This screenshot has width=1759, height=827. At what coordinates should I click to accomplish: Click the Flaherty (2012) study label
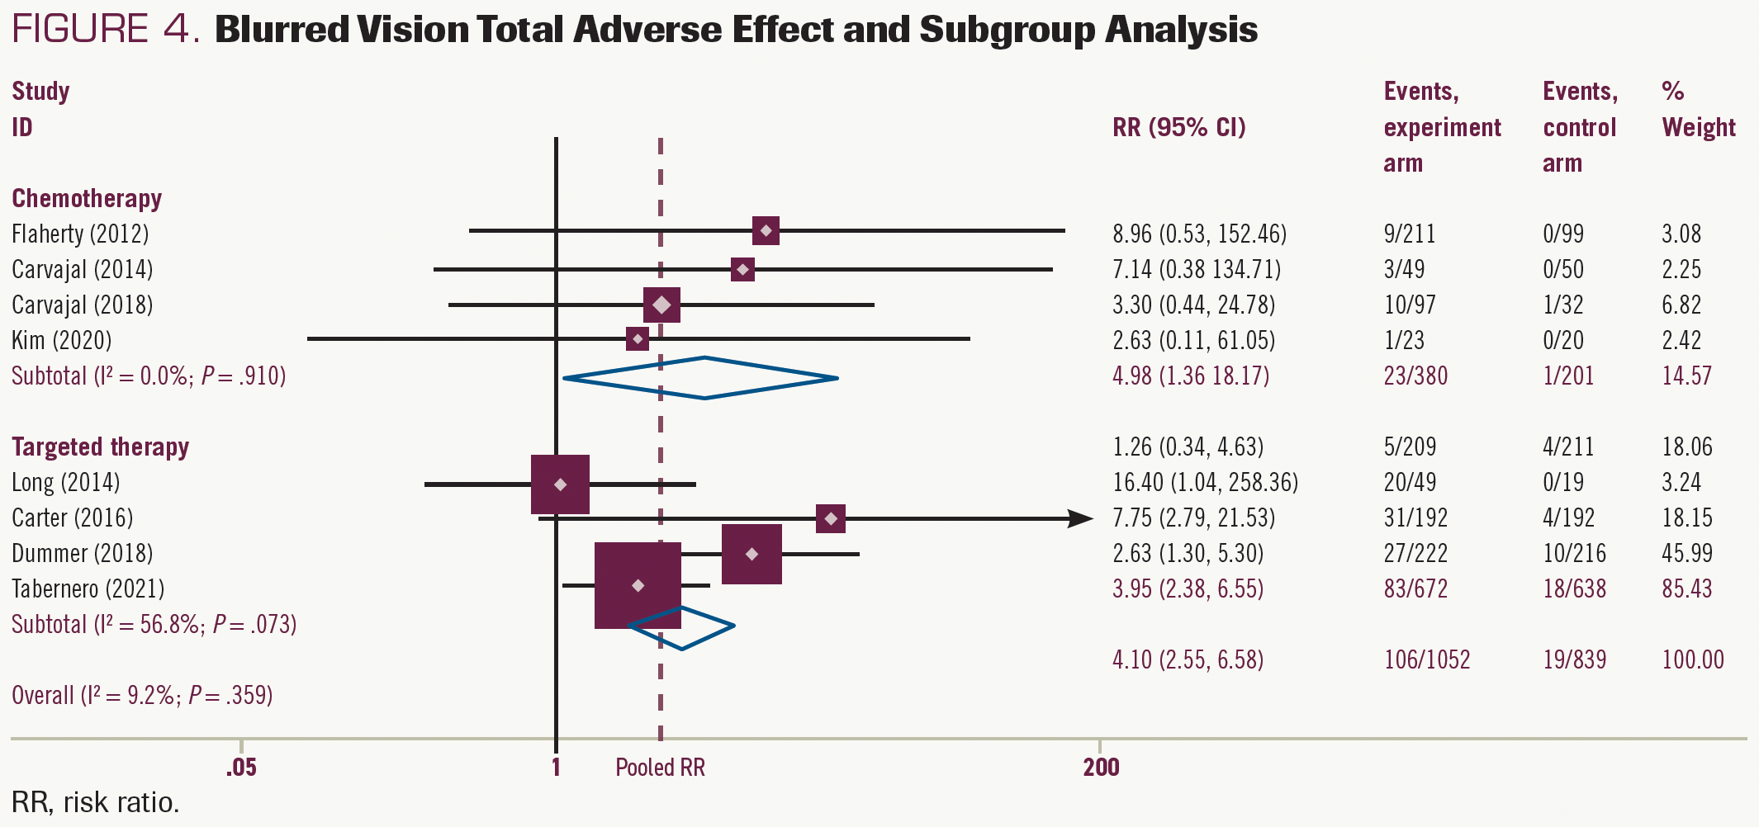tap(80, 234)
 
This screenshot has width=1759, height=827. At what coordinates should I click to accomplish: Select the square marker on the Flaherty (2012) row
tap(766, 230)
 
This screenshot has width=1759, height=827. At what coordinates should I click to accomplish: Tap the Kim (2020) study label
tap(61, 340)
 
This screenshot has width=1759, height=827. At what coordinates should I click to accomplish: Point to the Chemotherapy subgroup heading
tap(87, 199)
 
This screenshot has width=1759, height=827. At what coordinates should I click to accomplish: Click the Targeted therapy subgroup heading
tap(100, 447)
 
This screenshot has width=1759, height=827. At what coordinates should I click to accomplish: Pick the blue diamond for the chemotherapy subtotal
tap(701, 378)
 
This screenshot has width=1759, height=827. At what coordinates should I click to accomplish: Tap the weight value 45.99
tap(1686, 553)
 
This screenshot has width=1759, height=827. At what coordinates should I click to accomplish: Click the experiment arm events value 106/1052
tap(1426, 659)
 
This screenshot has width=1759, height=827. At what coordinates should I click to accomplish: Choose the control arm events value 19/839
tap(1574, 659)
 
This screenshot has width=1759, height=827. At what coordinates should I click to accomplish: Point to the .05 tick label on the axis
tap(241, 768)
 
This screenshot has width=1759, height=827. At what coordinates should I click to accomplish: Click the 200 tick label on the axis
tap(1101, 768)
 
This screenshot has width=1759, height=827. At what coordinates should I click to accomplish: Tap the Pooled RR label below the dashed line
tap(660, 768)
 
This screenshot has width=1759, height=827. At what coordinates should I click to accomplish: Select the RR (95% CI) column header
tap(1178, 128)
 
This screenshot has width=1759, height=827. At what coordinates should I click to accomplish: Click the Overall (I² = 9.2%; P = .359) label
tap(142, 695)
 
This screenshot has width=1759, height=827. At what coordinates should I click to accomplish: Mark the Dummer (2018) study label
tap(82, 553)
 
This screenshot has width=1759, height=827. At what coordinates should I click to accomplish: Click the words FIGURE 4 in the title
tap(106, 30)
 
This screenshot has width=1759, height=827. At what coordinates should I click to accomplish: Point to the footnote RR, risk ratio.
tap(95, 802)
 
